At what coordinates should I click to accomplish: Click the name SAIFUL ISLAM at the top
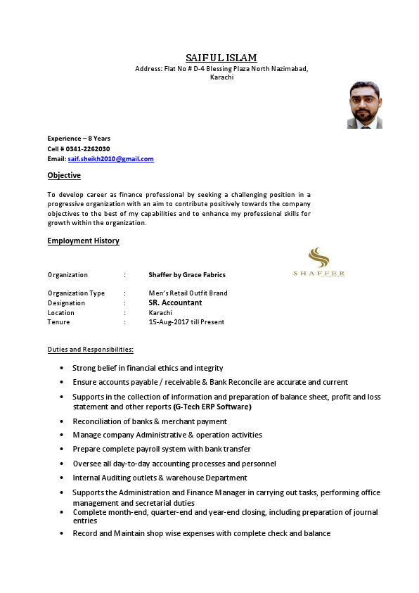click(221, 57)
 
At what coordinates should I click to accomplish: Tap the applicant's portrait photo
click(364, 105)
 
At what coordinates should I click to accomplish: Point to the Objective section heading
click(64, 175)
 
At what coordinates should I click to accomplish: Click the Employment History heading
click(83, 241)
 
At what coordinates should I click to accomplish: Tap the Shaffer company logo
click(318, 262)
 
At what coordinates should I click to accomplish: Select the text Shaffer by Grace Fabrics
click(187, 274)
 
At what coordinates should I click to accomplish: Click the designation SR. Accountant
click(175, 302)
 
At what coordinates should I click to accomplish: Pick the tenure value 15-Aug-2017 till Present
click(186, 321)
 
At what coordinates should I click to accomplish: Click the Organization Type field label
click(76, 293)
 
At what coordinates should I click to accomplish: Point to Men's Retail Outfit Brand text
click(188, 293)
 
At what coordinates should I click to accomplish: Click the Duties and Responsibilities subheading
click(91, 349)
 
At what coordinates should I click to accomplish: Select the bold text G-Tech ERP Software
click(212, 407)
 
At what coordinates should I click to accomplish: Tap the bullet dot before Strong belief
click(63, 368)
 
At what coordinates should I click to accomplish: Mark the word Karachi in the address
click(221, 77)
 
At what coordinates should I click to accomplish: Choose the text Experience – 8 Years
click(79, 139)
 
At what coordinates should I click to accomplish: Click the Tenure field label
click(59, 321)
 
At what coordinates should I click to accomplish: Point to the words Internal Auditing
click(101, 478)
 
